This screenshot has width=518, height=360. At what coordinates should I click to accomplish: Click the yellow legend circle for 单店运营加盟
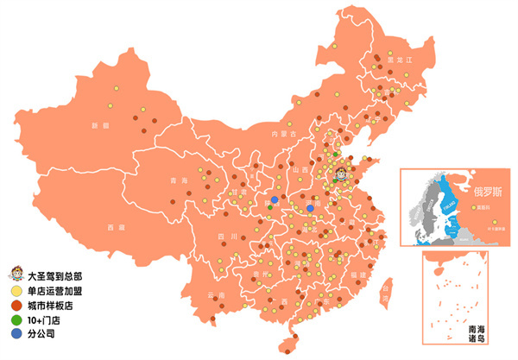(x=16, y=292)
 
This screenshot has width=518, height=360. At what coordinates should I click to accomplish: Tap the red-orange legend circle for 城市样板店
(x=16, y=306)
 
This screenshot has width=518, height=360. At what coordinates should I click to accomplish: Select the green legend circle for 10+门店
(x=16, y=319)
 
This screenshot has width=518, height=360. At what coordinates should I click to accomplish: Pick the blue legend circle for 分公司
(x=16, y=333)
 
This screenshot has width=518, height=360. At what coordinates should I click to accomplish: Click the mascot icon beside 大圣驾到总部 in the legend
(x=16, y=277)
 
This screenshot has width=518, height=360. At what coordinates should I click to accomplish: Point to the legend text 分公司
(x=41, y=333)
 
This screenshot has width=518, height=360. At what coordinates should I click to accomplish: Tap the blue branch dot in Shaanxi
(x=275, y=200)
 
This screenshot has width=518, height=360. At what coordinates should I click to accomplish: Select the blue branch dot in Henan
(x=311, y=208)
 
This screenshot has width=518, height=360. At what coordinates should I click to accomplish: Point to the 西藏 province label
(x=117, y=227)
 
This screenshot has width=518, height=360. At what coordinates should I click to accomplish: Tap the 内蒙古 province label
(x=284, y=135)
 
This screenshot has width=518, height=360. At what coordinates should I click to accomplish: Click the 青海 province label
(x=179, y=180)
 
